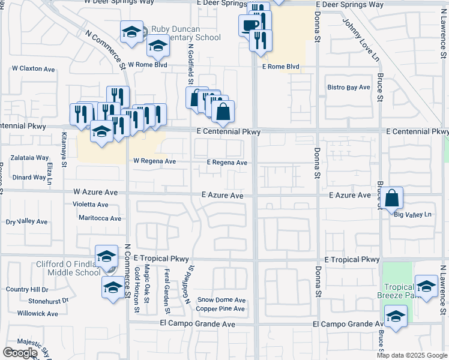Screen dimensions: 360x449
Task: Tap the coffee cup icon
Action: pyautogui.click(x=250, y=25)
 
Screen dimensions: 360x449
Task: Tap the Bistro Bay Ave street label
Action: pyautogui.click(x=348, y=88)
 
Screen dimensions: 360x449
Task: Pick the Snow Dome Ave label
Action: pyautogui.click(x=221, y=300)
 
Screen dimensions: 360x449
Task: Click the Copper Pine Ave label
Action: pyautogui.click(x=220, y=309)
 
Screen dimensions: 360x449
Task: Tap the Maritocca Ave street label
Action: pyautogui.click(x=100, y=218)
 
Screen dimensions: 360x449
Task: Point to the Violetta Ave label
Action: pyautogui.click(x=89, y=203)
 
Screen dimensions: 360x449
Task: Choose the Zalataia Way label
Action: pyautogui.click(x=30, y=158)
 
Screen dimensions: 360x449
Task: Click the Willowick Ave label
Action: pyautogui.click(x=37, y=313)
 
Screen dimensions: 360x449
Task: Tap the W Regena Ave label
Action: pyautogui.click(x=154, y=161)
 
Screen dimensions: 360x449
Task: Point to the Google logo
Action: pyautogui.click(x=19, y=353)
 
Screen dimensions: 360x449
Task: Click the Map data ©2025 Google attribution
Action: pyautogui.click(x=412, y=355)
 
